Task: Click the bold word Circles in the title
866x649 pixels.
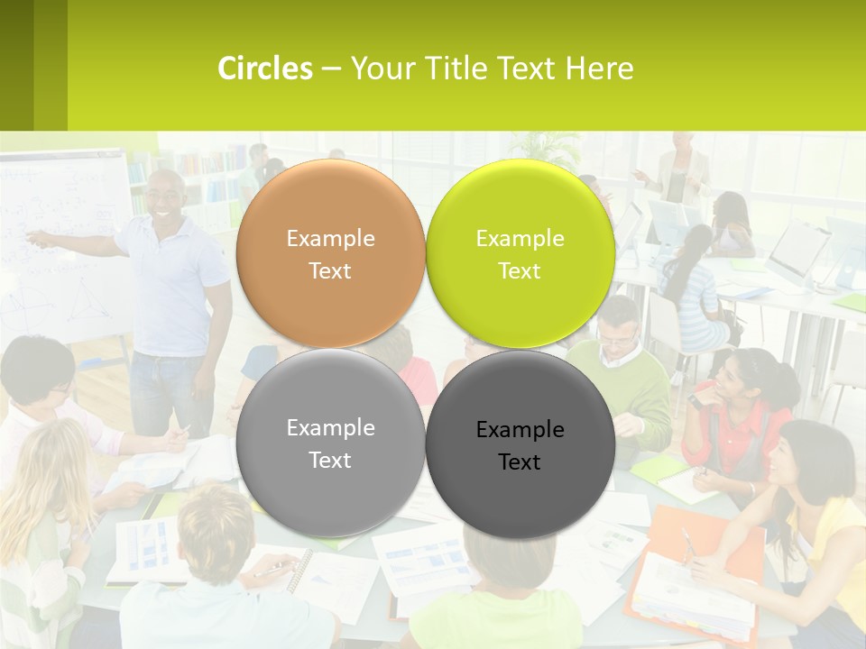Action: tap(265, 69)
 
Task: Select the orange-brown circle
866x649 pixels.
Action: tap(330, 253)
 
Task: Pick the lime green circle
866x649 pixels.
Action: tap(521, 253)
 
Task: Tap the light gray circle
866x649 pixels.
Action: tap(330, 443)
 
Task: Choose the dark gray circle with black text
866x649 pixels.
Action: tap(521, 443)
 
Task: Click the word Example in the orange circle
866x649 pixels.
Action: tap(330, 239)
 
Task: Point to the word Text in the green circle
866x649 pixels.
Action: tap(520, 270)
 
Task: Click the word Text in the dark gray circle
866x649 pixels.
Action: tap(520, 462)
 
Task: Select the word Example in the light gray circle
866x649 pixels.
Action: tap(330, 428)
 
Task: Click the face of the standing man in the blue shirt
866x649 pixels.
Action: tap(166, 195)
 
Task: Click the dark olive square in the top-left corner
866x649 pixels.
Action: tap(16, 65)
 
